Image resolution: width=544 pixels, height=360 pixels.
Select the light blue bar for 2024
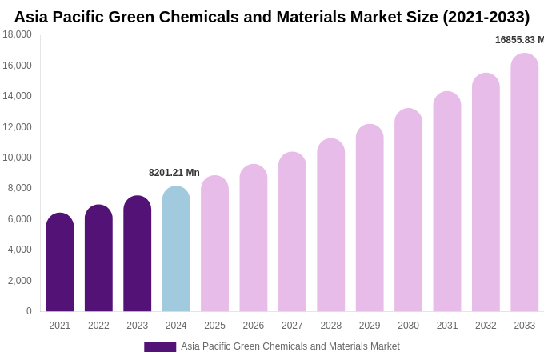[x=176, y=249]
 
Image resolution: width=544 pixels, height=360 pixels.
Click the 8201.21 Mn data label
[x=174, y=173]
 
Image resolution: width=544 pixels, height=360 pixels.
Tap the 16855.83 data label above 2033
[x=519, y=40]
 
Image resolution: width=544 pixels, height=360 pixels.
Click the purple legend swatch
[x=160, y=347]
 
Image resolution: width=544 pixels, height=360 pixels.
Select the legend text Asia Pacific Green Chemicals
[x=290, y=346]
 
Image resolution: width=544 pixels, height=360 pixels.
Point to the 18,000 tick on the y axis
[x=17, y=34]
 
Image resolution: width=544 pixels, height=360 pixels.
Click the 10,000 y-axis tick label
[x=17, y=158]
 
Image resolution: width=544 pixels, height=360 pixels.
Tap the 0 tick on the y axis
[x=29, y=311]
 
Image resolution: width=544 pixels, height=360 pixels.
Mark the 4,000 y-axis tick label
[x=19, y=250]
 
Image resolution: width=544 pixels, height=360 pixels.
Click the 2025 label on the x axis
[x=214, y=326]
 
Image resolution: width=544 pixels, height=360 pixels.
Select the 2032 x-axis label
[x=486, y=326]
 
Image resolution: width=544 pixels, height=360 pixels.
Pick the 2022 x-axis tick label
[x=98, y=326]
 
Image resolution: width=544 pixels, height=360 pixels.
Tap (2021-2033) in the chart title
[x=486, y=17]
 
